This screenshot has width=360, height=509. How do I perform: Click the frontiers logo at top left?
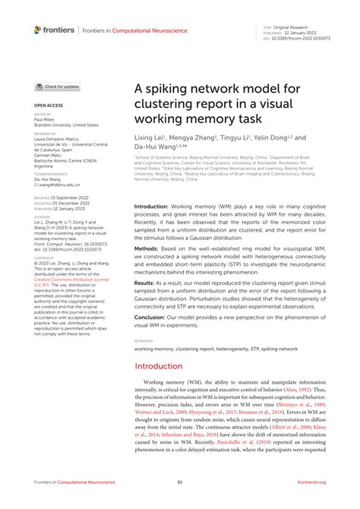[x=54, y=30]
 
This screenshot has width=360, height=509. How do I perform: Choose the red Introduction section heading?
[x=164, y=366]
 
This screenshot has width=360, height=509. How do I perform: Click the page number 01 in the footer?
[x=180, y=483]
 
